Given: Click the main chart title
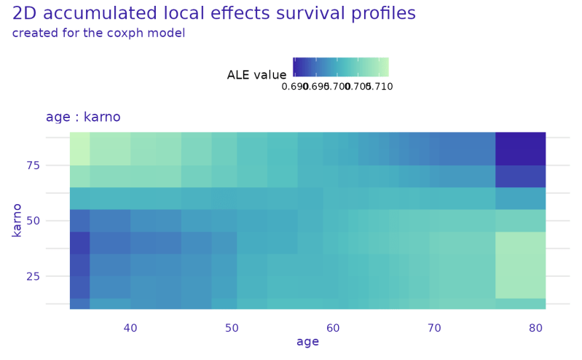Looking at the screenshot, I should pyautogui.click(x=214, y=13).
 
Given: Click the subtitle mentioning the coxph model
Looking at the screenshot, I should pyautogui.click(x=99, y=33).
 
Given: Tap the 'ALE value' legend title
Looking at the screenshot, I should pyautogui.click(x=256, y=74).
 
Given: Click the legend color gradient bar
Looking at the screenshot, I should pyautogui.click(x=341, y=67).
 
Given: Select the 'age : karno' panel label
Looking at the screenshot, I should pyautogui.click(x=82, y=117).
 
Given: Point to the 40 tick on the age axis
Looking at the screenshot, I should pyautogui.click(x=130, y=329).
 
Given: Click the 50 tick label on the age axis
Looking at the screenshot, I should pyautogui.click(x=232, y=329).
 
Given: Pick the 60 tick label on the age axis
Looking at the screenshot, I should pyautogui.click(x=333, y=329).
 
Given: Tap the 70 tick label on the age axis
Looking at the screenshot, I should pyautogui.click(x=434, y=329).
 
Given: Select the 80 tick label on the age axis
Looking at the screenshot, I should pyautogui.click(x=535, y=329).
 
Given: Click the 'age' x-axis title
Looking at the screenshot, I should pyautogui.click(x=307, y=343).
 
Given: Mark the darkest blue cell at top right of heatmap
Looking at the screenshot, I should pyautogui.click(x=520, y=149).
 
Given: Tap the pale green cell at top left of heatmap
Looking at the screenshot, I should pyautogui.click(x=79, y=149).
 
